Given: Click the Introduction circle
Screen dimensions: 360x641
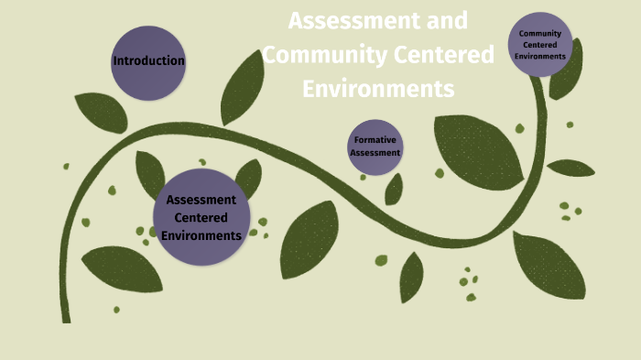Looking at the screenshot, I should click(x=148, y=61).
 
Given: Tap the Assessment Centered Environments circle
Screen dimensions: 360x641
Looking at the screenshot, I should click(x=201, y=217).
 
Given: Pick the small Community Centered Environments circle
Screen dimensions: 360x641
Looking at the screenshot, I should click(x=540, y=45).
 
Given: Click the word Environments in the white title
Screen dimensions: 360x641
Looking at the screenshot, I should click(x=378, y=89).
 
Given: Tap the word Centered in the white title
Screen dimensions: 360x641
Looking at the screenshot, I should click(x=444, y=55).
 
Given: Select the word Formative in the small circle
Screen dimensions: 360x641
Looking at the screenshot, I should click(x=375, y=140).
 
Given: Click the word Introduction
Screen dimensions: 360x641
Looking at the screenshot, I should click(x=148, y=61).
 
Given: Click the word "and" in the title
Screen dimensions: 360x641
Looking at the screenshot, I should click(x=446, y=20).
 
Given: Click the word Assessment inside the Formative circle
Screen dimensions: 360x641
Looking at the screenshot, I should click(x=375, y=153).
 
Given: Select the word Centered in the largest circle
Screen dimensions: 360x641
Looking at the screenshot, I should click(x=201, y=217).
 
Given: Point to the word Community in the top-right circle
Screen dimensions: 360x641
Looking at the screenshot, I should click(x=540, y=34).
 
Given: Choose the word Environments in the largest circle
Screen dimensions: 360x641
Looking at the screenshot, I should click(x=201, y=235).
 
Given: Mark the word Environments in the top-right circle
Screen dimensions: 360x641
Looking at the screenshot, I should click(x=540, y=56).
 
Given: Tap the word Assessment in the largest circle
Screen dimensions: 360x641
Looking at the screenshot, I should click(x=201, y=200).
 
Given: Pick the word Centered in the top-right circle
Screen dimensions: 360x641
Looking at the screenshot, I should click(x=540, y=45).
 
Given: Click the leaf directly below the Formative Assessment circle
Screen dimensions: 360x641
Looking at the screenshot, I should click(x=394, y=189).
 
